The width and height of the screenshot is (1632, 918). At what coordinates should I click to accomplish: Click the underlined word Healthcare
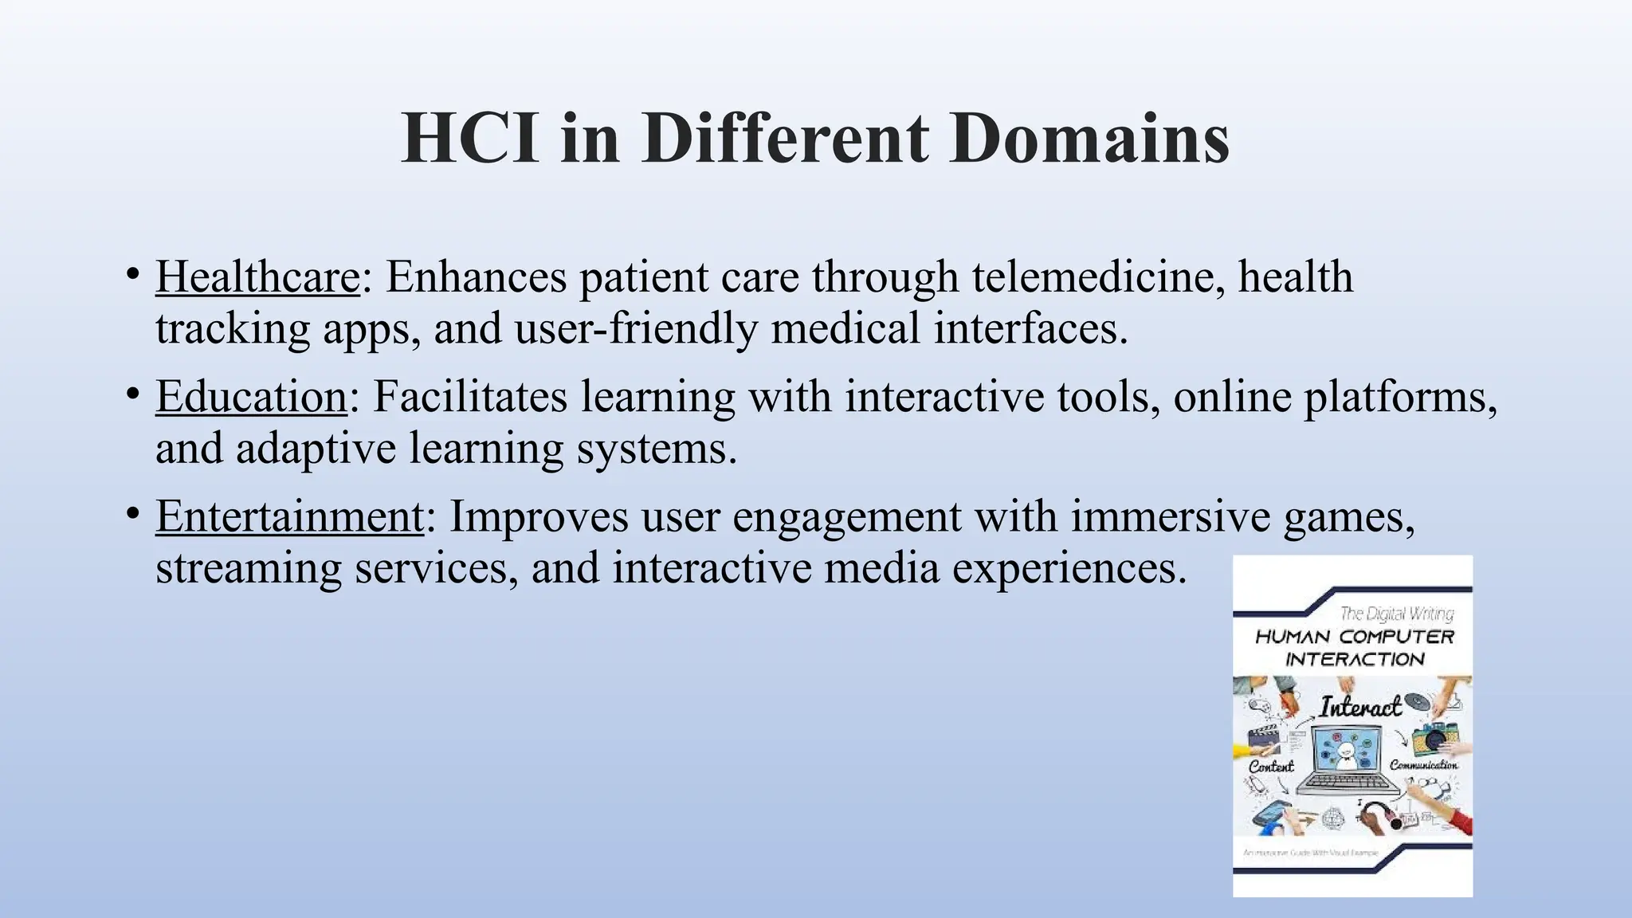click(257, 277)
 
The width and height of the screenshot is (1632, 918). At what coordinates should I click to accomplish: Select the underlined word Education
click(251, 396)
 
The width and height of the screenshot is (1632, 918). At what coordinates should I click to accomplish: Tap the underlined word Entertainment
click(289, 516)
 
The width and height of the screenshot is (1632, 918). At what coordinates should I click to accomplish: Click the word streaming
click(249, 567)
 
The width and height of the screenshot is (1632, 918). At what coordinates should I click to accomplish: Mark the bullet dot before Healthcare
click(132, 275)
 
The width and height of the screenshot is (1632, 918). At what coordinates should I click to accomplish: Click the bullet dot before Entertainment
click(132, 514)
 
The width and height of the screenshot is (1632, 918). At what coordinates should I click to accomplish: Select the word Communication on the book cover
click(1423, 765)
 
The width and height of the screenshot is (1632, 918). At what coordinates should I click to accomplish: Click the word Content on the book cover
click(1271, 766)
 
